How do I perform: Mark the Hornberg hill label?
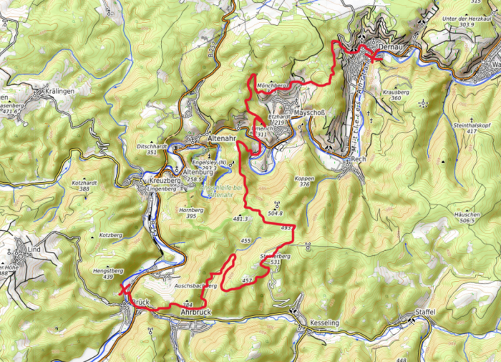click(x=190, y=210)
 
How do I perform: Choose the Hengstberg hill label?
click(x=108, y=271)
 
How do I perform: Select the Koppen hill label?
click(x=304, y=178)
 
